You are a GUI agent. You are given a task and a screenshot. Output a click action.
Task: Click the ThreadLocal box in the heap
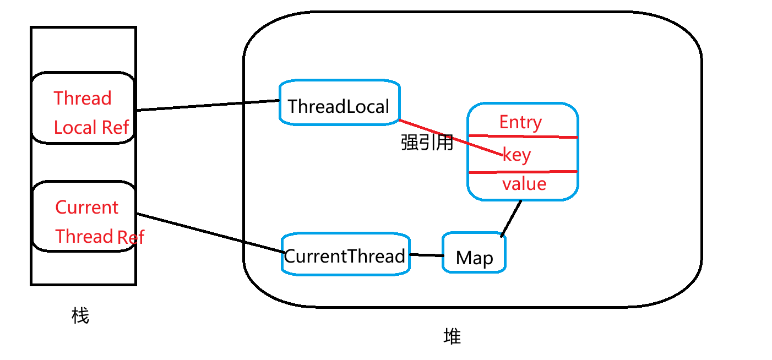(339, 102)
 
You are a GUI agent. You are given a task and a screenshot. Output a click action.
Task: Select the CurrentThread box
(345, 255)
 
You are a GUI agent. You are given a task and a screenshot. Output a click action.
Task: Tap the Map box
(474, 254)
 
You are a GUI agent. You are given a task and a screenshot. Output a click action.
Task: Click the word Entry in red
(520, 122)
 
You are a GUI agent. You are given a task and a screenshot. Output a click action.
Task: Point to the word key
(517, 155)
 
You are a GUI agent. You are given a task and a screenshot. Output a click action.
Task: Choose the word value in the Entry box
(524, 184)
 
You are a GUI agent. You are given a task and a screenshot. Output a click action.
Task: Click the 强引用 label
(427, 143)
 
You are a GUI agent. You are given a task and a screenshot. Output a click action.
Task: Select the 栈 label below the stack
(80, 316)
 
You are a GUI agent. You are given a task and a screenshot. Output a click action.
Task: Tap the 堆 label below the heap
(452, 336)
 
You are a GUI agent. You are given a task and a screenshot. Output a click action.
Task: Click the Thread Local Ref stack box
(83, 108)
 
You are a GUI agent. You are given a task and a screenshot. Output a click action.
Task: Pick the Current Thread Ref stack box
(83, 216)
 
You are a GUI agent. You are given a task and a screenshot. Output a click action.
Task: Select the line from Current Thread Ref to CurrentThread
(209, 233)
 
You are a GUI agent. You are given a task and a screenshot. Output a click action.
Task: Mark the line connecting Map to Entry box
(512, 218)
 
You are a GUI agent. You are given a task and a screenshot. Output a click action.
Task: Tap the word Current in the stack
(86, 208)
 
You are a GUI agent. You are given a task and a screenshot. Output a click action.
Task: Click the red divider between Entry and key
(523, 137)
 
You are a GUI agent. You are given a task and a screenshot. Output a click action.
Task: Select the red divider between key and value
(523, 172)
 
